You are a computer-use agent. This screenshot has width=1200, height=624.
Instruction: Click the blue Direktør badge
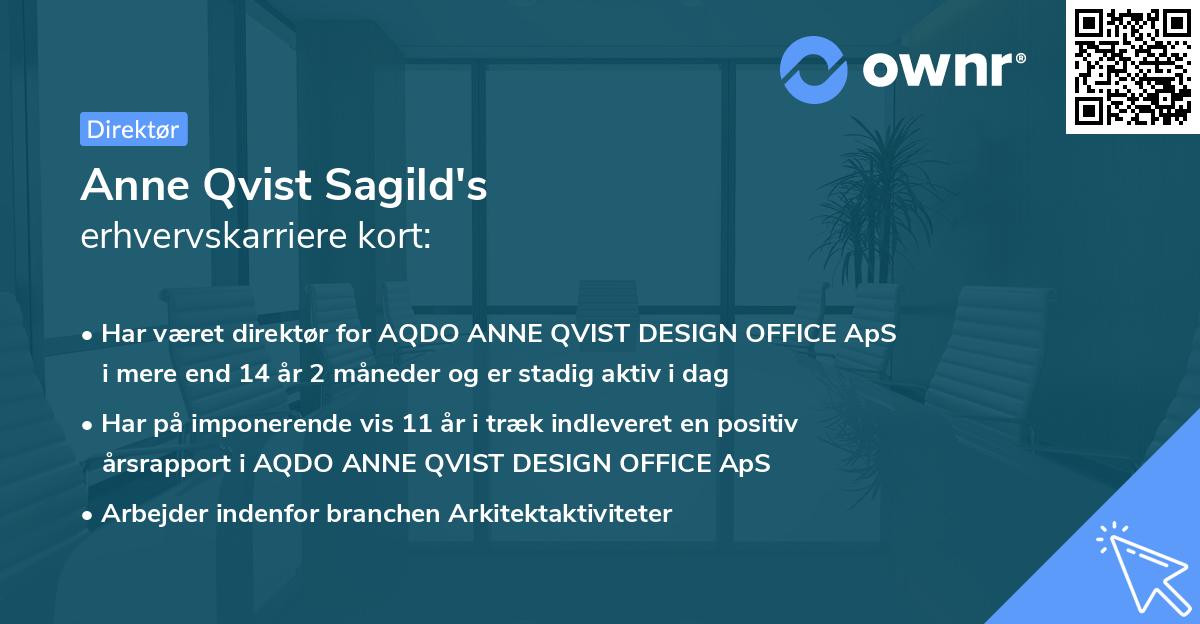[133, 129]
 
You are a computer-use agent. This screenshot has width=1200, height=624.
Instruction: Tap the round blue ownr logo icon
[814, 69]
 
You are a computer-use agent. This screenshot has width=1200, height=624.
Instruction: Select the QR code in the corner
[1132, 66]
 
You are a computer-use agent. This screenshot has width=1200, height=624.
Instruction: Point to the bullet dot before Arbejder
[89, 515]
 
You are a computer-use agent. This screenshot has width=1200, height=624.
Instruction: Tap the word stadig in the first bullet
[558, 375]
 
